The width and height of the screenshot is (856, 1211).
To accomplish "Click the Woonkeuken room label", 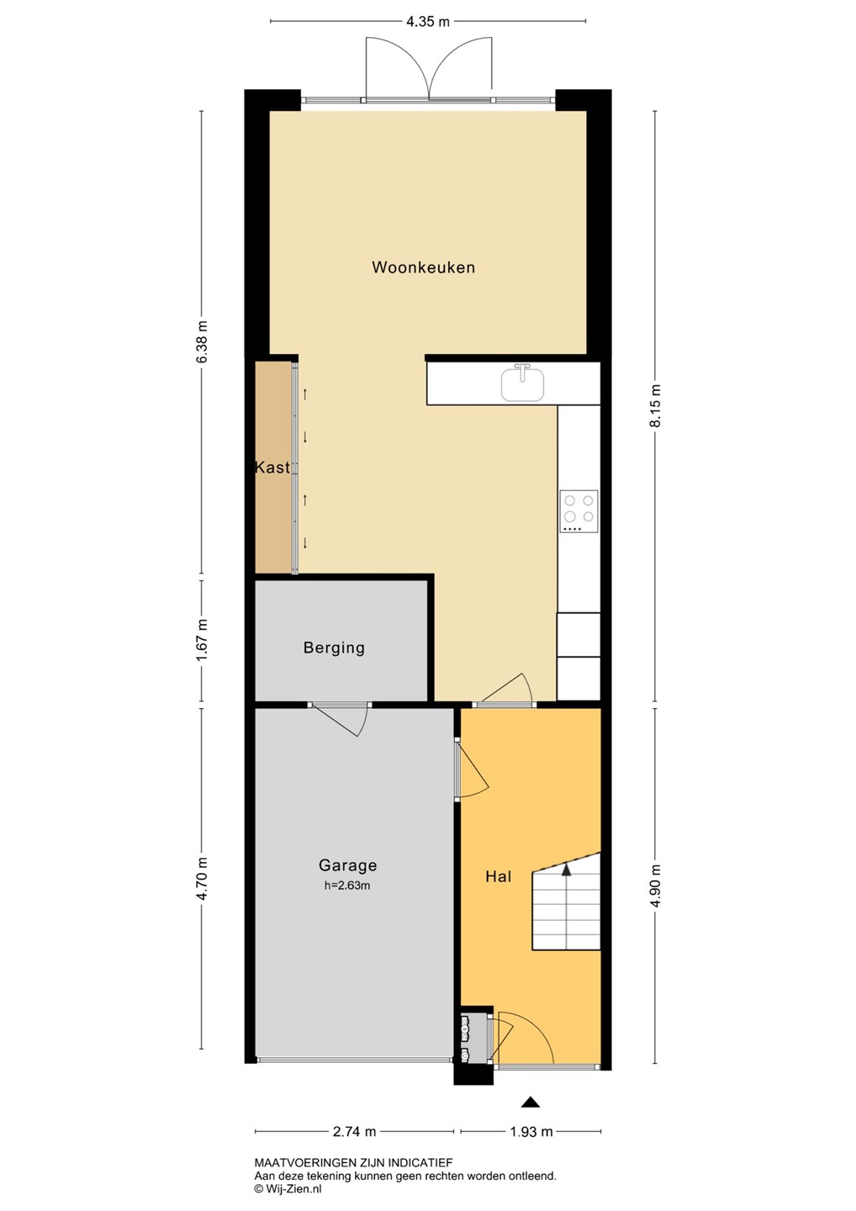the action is click(x=423, y=267).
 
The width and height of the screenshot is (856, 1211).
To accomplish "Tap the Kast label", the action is click(x=272, y=467).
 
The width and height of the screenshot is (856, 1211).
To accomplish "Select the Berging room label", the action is click(x=334, y=648).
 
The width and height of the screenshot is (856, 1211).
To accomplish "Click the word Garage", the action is click(x=347, y=865).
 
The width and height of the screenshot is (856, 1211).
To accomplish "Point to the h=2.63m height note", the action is click(x=347, y=886).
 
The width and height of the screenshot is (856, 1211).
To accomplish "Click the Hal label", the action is click(x=499, y=876).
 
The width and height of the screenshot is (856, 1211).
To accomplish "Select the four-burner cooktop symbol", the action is click(x=579, y=511).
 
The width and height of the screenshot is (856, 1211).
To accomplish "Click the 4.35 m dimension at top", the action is click(x=428, y=22).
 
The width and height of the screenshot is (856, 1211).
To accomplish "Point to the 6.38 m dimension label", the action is click(x=202, y=342).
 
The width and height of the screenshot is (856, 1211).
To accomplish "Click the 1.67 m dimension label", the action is click(x=202, y=640).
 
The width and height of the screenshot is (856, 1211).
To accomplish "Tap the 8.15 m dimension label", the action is click(x=655, y=405).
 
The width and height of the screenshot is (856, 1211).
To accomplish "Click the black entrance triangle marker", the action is click(x=531, y=1103).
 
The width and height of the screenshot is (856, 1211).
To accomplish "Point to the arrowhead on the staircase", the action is click(x=567, y=869).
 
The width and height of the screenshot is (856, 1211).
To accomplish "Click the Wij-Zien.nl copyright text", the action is click(x=288, y=1189).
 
